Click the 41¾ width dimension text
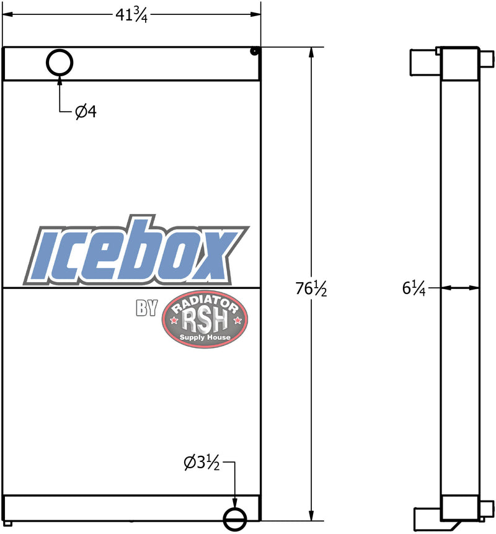[x=131, y=15]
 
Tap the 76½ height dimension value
[x=311, y=289]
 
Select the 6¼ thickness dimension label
[x=414, y=289]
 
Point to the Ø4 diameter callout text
[x=86, y=112]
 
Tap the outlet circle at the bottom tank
[x=235, y=509]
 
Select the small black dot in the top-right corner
[x=254, y=51]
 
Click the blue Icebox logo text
[x=136, y=251]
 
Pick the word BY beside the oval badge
[x=147, y=308]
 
